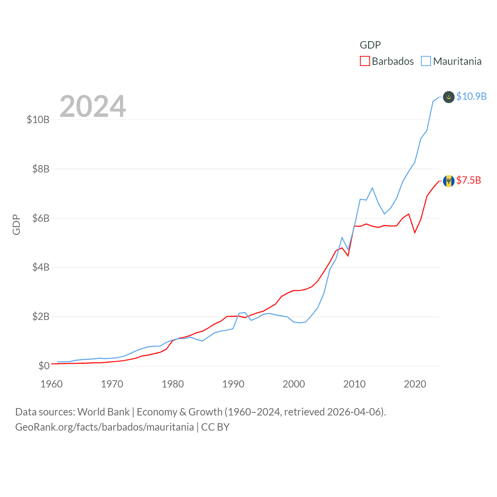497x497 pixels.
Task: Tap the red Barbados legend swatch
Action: (365, 61)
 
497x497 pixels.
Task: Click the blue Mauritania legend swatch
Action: (426, 61)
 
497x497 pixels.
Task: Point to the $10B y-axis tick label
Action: (38, 120)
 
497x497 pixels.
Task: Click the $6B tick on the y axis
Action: (41, 218)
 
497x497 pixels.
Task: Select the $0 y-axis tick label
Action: (44, 366)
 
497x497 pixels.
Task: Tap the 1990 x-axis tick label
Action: (233, 384)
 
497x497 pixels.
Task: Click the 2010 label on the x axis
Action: (355, 384)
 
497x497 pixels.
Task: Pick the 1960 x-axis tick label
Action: (52, 384)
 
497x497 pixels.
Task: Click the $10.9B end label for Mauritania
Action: (471, 96)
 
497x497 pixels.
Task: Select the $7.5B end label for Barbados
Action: (469, 180)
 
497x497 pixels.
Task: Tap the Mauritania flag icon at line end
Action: (448, 97)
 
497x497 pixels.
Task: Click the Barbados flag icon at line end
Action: (448, 181)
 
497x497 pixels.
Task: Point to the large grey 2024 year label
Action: (93, 106)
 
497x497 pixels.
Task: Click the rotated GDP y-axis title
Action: (16, 224)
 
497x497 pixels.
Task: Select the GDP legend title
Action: (370, 45)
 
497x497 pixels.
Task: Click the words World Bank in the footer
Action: (103, 412)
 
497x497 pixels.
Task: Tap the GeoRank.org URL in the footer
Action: (104, 427)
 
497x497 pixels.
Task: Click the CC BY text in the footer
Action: (215, 427)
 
